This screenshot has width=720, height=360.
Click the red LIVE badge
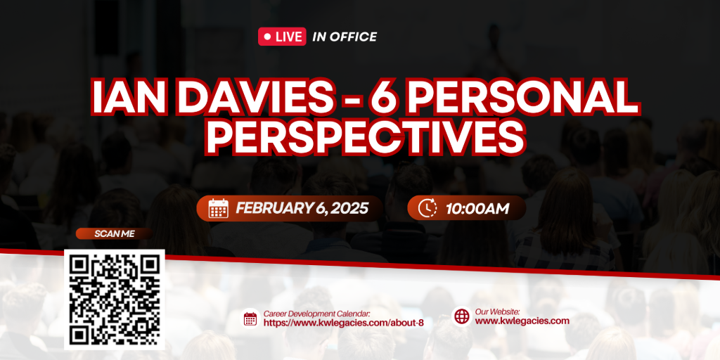(x=282, y=37)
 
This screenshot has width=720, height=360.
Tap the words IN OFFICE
(x=345, y=37)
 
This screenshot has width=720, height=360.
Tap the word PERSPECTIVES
(x=365, y=136)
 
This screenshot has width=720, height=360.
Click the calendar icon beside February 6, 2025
(x=218, y=208)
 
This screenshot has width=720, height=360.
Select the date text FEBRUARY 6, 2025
(x=302, y=208)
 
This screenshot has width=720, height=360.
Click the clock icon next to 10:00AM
(x=427, y=208)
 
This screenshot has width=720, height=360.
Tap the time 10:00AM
(x=477, y=208)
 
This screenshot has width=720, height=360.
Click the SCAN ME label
(x=115, y=233)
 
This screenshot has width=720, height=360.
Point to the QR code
(x=115, y=300)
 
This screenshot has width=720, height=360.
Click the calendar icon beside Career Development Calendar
(x=250, y=319)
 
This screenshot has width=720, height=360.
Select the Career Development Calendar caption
(x=317, y=314)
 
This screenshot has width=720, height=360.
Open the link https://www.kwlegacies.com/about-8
(x=343, y=323)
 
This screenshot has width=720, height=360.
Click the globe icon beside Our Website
(x=462, y=316)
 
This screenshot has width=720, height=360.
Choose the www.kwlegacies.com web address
(x=522, y=321)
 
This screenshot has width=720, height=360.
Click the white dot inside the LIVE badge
(x=267, y=37)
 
